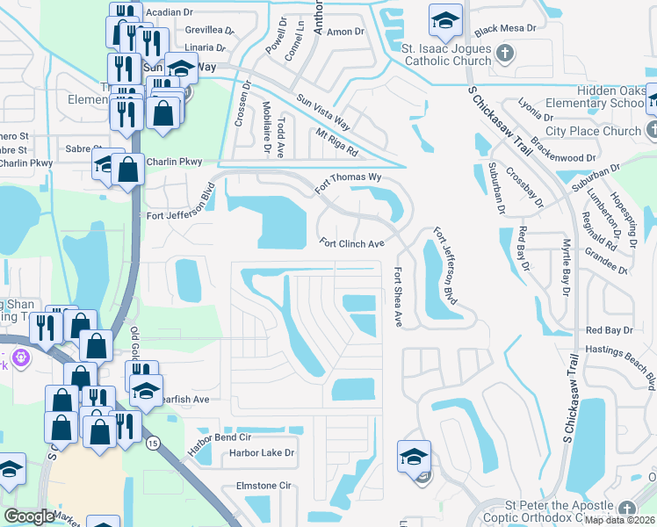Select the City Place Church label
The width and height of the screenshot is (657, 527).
(x=593, y=131)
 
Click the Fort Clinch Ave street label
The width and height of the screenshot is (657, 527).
(x=351, y=243)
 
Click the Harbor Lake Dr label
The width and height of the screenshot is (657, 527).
(x=262, y=454)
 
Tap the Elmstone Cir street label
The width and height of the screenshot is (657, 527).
(x=263, y=485)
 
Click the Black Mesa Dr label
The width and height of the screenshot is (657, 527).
(x=505, y=28)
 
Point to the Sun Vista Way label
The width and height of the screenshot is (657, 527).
(x=323, y=112)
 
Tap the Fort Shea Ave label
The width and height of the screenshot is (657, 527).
(x=398, y=298)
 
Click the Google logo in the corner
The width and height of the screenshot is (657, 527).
(x=29, y=516)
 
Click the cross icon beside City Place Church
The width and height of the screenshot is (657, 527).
(x=652, y=131)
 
